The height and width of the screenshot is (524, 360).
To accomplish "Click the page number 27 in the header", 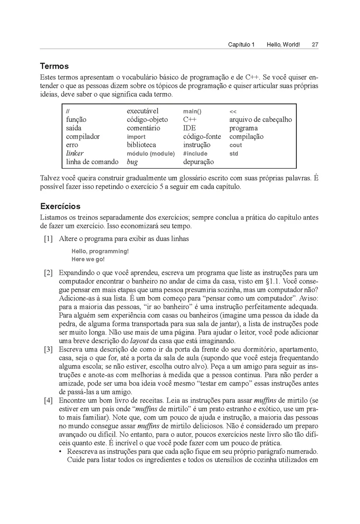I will (315, 45).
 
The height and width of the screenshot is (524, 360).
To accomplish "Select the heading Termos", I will (55, 66).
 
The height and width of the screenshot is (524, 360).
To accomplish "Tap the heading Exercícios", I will (60, 206).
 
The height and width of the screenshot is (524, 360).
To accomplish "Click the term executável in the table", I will (143, 111).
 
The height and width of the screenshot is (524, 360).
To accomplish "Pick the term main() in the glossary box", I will (192, 112).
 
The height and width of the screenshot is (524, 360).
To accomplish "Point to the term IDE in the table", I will (189, 128).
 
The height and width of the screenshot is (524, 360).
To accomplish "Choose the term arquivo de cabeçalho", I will (261, 120).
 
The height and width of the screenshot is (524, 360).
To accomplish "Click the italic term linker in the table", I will (75, 153).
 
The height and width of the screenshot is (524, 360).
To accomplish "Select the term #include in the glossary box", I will (195, 154).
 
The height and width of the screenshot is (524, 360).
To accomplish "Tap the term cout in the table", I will (236, 145).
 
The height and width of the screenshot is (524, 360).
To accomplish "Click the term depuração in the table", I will (199, 162).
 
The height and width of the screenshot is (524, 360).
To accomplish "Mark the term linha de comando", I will (92, 162).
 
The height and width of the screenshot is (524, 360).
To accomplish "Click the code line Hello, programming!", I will (100, 252).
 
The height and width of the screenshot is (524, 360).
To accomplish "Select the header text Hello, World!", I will (283, 45).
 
